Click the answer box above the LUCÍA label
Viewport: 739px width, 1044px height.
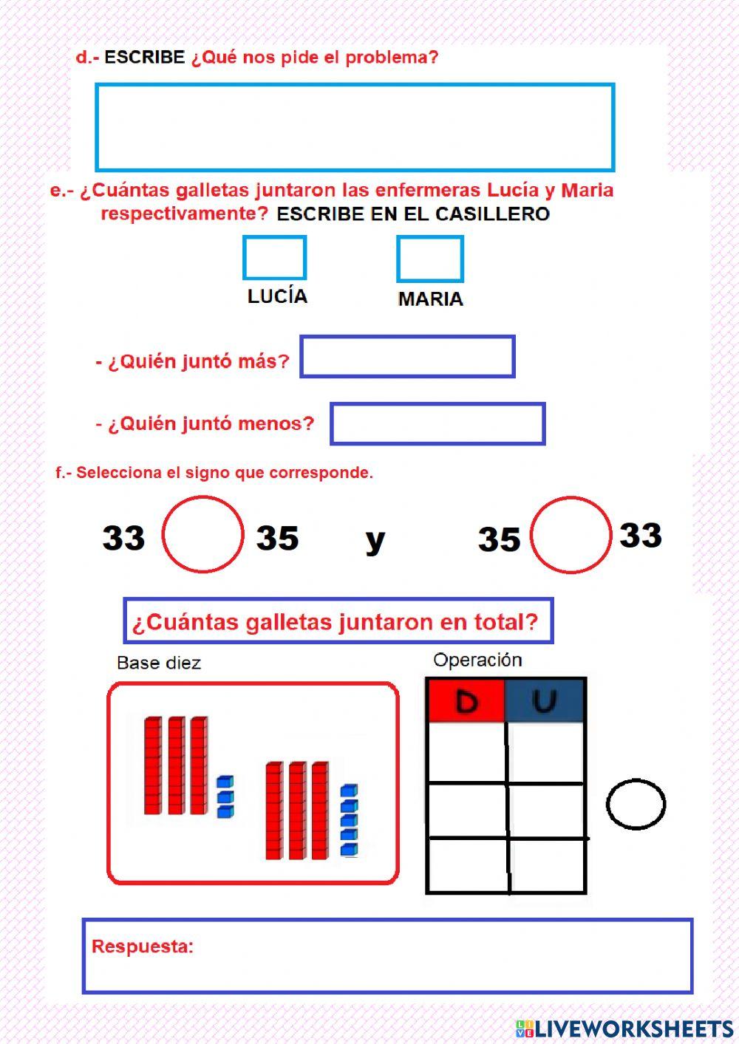click(274, 258)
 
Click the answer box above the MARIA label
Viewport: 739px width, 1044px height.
click(429, 259)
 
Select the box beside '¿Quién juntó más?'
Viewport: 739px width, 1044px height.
click(407, 357)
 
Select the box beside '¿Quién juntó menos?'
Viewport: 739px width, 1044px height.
click(437, 423)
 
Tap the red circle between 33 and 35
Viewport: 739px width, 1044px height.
click(202, 534)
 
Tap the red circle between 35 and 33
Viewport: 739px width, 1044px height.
click(571, 535)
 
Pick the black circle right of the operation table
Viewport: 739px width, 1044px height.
click(636, 804)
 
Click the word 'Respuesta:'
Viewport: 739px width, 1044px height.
click(143, 946)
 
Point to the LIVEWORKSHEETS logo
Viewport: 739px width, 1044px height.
click(624, 1028)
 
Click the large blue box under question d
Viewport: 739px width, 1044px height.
click(355, 127)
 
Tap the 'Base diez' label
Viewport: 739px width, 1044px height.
click(159, 663)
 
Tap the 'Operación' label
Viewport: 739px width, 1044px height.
click(477, 660)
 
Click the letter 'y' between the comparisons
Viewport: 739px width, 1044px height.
click(375, 539)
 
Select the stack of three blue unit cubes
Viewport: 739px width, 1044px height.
click(225, 796)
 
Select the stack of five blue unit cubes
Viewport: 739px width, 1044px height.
click(349, 820)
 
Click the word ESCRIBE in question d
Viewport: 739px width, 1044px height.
click(144, 57)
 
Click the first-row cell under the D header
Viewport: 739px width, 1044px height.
click(466, 751)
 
